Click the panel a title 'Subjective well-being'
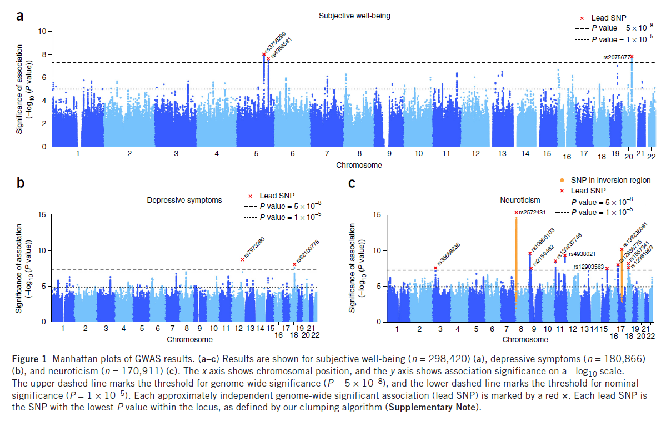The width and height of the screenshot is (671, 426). tap(354, 16)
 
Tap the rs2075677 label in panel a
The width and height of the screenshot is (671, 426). tap(616, 57)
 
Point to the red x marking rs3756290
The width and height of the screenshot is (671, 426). tap(263, 54)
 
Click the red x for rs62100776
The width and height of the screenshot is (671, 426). tap(294, 264)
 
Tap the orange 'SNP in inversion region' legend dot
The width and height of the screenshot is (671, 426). tap(563, 180)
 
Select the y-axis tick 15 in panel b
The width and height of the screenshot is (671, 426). tap(41, 214)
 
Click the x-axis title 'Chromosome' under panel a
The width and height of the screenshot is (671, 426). tap(359, 165)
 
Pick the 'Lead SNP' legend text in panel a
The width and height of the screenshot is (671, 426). tap(610, 18)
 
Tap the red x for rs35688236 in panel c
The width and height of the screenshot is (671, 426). tap(435, 268)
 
